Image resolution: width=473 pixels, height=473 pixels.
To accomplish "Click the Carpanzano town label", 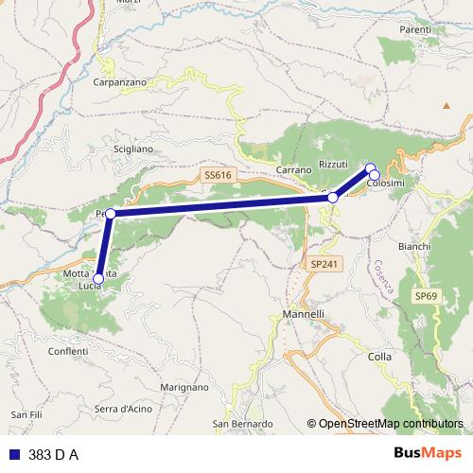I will coord(120,82).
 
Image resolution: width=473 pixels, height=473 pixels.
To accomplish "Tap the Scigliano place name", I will coord(131,149).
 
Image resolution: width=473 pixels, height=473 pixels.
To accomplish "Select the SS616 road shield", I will coord(217,175).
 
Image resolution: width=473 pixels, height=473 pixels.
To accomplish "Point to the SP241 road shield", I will coord(323,265).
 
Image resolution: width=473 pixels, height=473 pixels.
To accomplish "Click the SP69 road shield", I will coord(427,296).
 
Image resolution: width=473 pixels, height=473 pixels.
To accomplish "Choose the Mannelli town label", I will coord(304,314).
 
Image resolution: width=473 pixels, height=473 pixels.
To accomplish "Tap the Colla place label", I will coord(379,357).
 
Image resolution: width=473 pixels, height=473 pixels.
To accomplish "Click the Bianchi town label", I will coord(414,246).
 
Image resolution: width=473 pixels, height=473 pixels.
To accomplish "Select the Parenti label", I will coord(415,30).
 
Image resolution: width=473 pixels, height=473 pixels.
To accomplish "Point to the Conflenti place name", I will coord(68,351).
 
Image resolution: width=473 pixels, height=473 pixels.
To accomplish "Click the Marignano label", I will coord(184,388).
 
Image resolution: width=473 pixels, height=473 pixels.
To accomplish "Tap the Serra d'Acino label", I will coord(123,408).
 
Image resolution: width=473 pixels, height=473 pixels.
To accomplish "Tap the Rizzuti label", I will coord(334,165).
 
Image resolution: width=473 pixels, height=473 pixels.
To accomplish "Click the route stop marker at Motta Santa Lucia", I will coord(98,278).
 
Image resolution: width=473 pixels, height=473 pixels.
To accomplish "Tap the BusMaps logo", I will coord(427,454).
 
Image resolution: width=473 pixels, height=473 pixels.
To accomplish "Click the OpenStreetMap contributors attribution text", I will coord(391,424).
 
